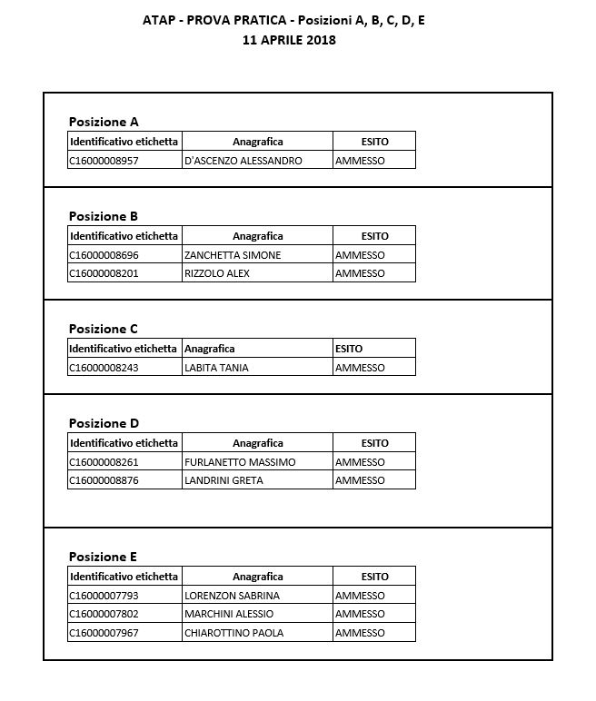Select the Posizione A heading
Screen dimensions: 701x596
pos(104,122)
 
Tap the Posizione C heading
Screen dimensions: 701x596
pos(104,329)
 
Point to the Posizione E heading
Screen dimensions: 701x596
pos(103,557)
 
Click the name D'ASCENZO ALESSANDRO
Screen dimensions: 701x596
pos(243,161)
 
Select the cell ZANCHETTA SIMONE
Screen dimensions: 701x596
pos(233,255)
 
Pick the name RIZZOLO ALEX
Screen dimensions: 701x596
pos(216,273)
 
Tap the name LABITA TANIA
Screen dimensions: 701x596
pos(216,368)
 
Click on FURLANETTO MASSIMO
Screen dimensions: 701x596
pos(240,462)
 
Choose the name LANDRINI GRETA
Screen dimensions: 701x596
pos(223,480)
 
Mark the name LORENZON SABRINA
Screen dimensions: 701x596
pos(232,596)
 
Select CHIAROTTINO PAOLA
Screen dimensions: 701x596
pos(233,633)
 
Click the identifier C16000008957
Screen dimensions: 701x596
pos(104,161)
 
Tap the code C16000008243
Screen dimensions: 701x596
pos(104,368)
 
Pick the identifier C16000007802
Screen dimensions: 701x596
pos(104,614)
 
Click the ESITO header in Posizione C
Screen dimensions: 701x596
pos(349,349)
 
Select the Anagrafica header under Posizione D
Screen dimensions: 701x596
pos(257,443)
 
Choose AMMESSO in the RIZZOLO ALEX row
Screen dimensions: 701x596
pos(360,273)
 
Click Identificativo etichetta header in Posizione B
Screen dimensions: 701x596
pos(124,236)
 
